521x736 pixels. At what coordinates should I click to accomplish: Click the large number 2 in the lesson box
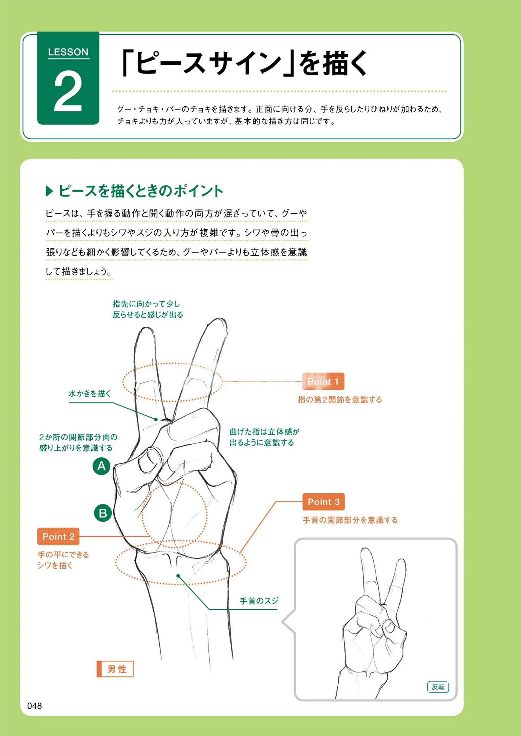point(68,91)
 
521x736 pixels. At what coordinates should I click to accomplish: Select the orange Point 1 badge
point(323,381)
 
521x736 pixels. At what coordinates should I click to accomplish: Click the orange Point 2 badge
point(58,536)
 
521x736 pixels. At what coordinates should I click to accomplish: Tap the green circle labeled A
point(101,466)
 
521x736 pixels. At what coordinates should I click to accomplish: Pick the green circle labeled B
point(103,513)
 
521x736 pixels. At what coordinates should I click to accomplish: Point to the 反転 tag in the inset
point(438,687)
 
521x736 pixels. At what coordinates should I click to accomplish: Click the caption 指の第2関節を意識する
point(340,400)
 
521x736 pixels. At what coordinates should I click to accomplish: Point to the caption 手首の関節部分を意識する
point(350,520)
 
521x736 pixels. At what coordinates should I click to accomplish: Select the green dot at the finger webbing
point(156,419)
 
